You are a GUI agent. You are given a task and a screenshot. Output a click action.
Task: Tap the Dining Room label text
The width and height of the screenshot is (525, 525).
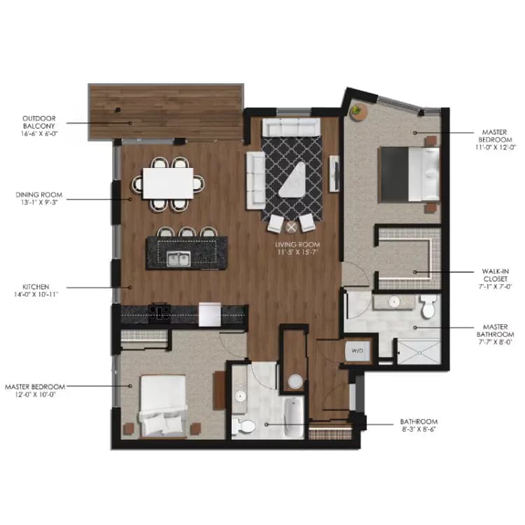click(x=39, y=199)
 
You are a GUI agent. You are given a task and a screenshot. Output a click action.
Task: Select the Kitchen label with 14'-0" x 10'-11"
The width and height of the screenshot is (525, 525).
click(x=39, y=290)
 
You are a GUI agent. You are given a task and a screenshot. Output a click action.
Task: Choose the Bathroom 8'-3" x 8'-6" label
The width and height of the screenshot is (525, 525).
click(x=419, y=425)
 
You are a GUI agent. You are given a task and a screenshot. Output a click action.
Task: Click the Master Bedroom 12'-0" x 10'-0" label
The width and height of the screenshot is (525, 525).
click(x=35, y=390)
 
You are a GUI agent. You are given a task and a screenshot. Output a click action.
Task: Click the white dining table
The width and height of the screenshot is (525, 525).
click(x=169, y=183)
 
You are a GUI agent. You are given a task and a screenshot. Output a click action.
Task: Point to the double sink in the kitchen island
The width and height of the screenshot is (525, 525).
click(x=177, y=260)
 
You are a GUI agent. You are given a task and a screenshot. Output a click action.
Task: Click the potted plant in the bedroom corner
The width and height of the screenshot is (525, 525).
click(x=358, y=111)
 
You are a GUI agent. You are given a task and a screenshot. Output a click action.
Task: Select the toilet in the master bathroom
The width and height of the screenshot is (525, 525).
click(x=428, y=305)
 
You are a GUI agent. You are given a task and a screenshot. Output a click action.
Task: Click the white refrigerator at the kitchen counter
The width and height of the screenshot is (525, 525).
click(x=209, y=314)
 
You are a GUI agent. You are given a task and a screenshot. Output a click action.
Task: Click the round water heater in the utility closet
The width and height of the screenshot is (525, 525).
click(x=295, y=382)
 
